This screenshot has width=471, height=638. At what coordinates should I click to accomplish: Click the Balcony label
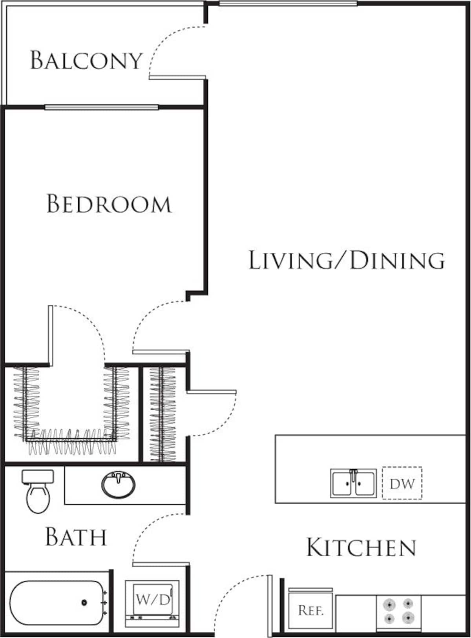point(86,60)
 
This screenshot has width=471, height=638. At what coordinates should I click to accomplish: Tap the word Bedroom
point(109,204)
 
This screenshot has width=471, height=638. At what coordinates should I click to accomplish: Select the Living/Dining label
point(347,260)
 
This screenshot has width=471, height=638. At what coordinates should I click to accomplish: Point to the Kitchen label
point(361,547)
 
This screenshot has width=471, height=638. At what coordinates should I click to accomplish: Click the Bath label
point(76,537)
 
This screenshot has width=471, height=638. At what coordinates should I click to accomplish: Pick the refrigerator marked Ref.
point(310,611)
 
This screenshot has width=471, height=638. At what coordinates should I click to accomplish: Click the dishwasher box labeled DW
point(402,483)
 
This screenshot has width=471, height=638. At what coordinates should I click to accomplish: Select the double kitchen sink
point(353,483)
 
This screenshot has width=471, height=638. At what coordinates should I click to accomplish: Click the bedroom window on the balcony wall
point(101,107)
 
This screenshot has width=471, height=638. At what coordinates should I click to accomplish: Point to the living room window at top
point(288,4)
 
